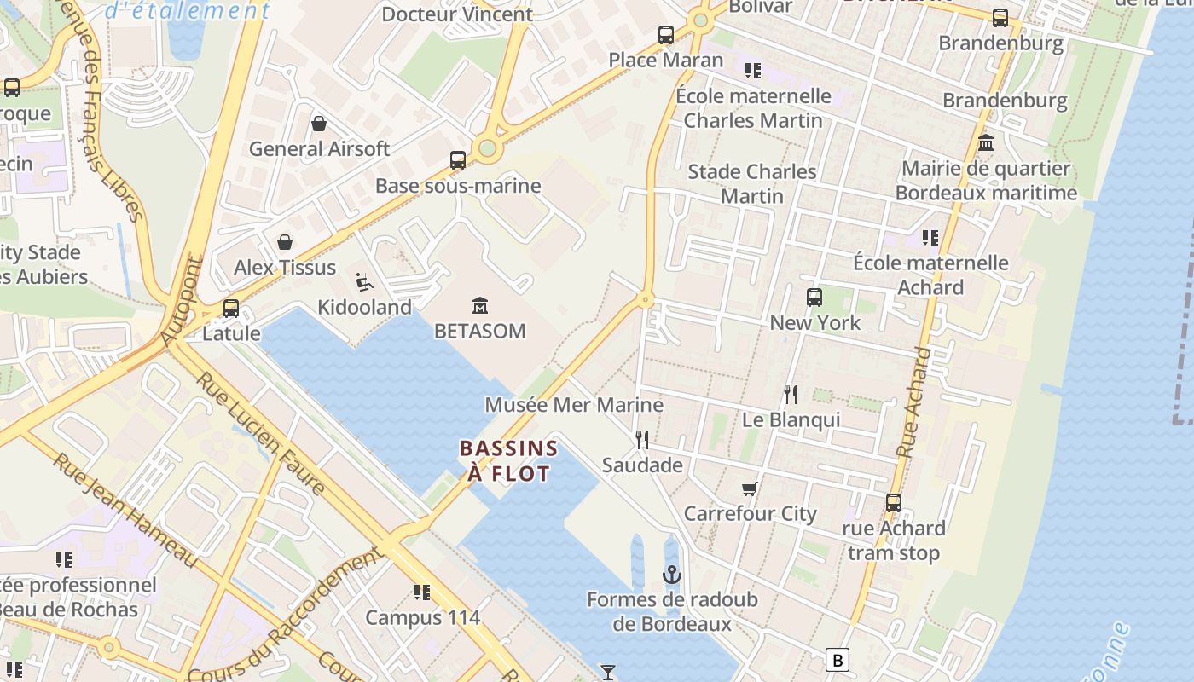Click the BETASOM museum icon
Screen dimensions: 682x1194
point(480,305)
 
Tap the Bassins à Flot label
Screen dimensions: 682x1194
point(508,460)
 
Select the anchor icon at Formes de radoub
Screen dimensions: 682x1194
point(672,574)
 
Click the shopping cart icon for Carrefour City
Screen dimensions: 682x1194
point(750,488)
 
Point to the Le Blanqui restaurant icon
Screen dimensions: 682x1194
point(791,394)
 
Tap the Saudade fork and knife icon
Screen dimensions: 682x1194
point(642,440)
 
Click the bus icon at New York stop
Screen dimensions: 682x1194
point(814,298)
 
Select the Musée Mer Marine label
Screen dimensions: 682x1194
point(573,404)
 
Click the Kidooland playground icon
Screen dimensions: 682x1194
point(363,281)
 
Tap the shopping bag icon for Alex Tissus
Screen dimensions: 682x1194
point(285,242)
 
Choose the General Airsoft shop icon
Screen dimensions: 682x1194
point(319,124)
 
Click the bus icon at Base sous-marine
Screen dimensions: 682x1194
point(458,160)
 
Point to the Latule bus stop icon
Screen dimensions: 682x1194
point(231,309)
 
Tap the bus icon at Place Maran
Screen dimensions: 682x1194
point(666,35)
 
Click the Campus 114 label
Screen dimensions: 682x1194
point(423,617)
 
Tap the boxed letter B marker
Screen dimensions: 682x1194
point(838,660)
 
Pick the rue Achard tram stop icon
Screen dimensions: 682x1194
point(893,503)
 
